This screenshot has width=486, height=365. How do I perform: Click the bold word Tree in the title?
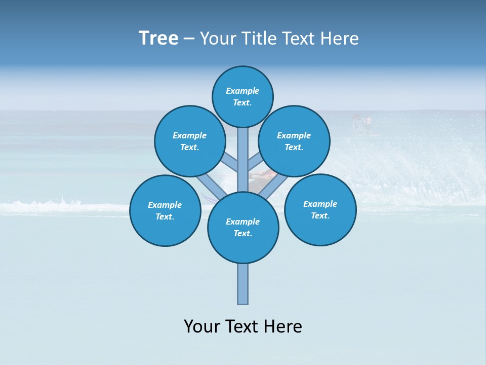click(x=158, y=38)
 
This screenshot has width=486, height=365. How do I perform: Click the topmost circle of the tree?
click(x=242, y=96)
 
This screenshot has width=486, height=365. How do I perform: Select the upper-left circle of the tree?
click(x=190, y=141)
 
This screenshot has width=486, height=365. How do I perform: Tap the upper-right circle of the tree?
click(x=294, y=141)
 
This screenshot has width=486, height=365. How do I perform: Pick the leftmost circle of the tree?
click(x=165, y=210)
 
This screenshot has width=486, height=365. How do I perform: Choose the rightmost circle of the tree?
click(x=320, y=209)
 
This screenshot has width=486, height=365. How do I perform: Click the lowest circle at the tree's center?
click(x=243, y=228)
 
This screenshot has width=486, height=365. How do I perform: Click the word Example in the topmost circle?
click(x=242, y=91)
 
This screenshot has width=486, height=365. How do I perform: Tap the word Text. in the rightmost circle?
click(x=320, y=215)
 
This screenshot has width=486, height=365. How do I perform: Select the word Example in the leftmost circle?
click(x=165, y=205)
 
